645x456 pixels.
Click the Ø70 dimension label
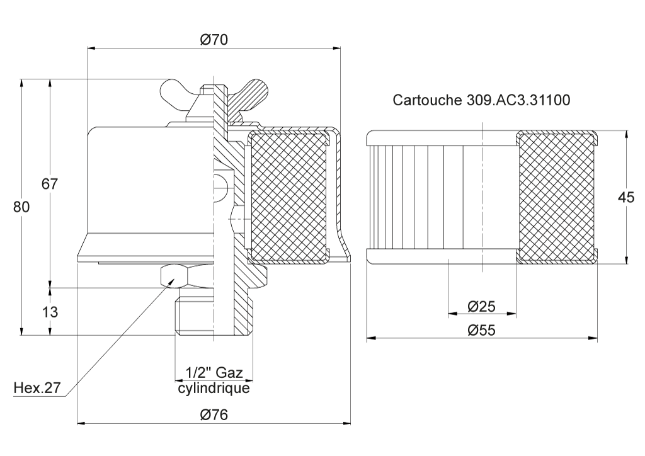214,40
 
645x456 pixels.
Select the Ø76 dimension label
214,414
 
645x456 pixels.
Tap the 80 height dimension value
21,207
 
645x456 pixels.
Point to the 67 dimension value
50,183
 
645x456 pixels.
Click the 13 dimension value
50,312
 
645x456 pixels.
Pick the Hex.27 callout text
37,387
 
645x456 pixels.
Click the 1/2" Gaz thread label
214,372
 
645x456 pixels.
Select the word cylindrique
214,388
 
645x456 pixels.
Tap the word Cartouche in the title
428,100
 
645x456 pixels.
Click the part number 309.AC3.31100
518,100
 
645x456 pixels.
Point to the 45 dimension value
626,197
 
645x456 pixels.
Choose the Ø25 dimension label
481,306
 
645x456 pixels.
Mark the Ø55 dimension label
481,330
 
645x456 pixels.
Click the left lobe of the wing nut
177,94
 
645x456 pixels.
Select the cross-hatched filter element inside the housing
289,197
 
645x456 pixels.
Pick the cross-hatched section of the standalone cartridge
556,197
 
